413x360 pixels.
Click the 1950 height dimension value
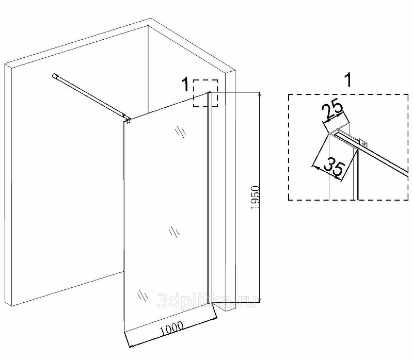click(256, 198)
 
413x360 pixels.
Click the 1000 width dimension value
click(172, 328)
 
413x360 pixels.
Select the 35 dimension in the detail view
click(334, 166)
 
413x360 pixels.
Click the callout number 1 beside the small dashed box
click(186, 84)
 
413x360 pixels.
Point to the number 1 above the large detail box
click(348, 80)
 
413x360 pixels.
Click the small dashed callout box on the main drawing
click(205, 93)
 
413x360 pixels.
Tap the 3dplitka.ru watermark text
click(207, 300)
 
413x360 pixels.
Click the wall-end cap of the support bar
click(55, 76)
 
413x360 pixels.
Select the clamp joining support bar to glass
click(128, 120)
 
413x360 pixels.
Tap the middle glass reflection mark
click(174, 232)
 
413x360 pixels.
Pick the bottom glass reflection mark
click(143, 296)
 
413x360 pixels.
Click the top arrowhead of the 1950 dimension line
click(260, 94)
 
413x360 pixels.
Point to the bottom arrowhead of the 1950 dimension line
click(260, 300)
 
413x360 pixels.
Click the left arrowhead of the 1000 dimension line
click(132, 346)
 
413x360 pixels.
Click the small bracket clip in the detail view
click(363, 143)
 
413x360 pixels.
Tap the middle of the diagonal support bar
click(91, 97)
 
